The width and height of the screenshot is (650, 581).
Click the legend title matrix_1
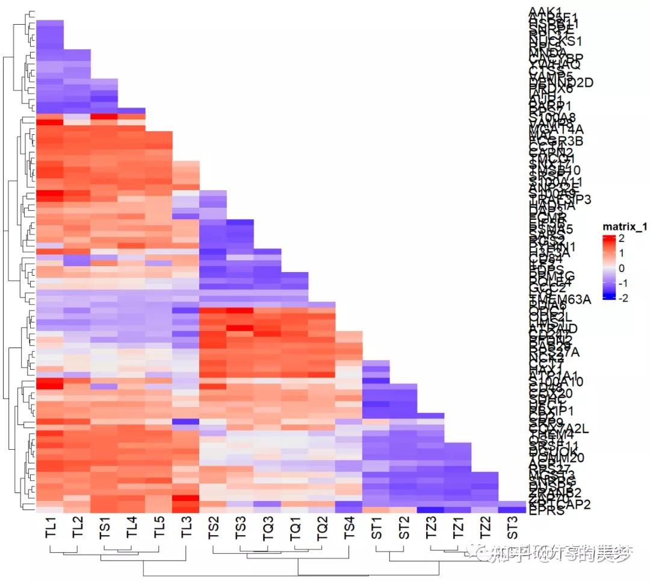coord(625,226)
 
